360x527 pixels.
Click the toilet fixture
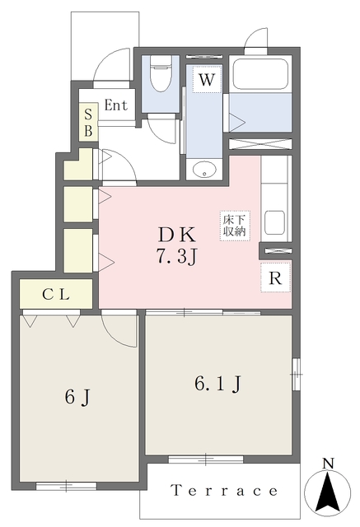(x=161, y=73)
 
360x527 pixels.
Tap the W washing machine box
(x=207, y=79)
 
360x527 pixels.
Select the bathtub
(x=260, y=76)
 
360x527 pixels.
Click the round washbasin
(x=204, y=170)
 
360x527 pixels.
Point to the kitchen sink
(x=274, y=222)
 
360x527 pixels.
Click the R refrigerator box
(x=275, y=277)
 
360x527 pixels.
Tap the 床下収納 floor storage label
(x=235, y=226)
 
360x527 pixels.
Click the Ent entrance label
(x=116, y=105)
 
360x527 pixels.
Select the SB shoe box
(x=88, y=123)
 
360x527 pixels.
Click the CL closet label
(x=56, y=295)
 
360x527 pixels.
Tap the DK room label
(x=176, y=235)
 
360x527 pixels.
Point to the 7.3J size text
(x=175, y=258)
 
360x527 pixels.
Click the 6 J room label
(x=77, y=398)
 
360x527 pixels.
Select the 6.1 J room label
(x=217, y=384)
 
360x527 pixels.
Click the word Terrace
(x=225, y=491)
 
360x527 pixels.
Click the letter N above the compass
(x=328, y=464)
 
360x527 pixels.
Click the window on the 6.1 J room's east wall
(x=296, y=374)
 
